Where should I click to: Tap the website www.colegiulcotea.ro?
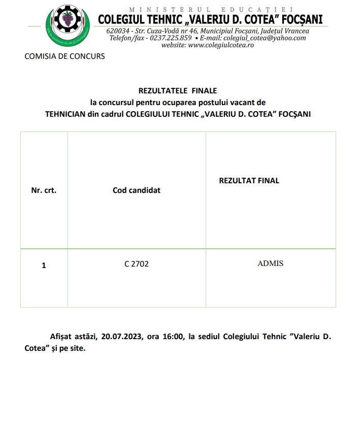coord(221,45)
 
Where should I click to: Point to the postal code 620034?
coord(117,30)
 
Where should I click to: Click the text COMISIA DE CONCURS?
coord(64,56)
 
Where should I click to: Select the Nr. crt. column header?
coord(44,190)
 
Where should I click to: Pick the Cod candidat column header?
coord(137,190)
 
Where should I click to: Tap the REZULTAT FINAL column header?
coord(249,181)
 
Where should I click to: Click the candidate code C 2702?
coord(137,264)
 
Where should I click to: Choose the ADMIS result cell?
coord(270,263)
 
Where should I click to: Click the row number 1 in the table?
coord(44,266)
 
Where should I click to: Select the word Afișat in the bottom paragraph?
coord(61,336)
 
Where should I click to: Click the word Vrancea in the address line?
coord(294,30)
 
